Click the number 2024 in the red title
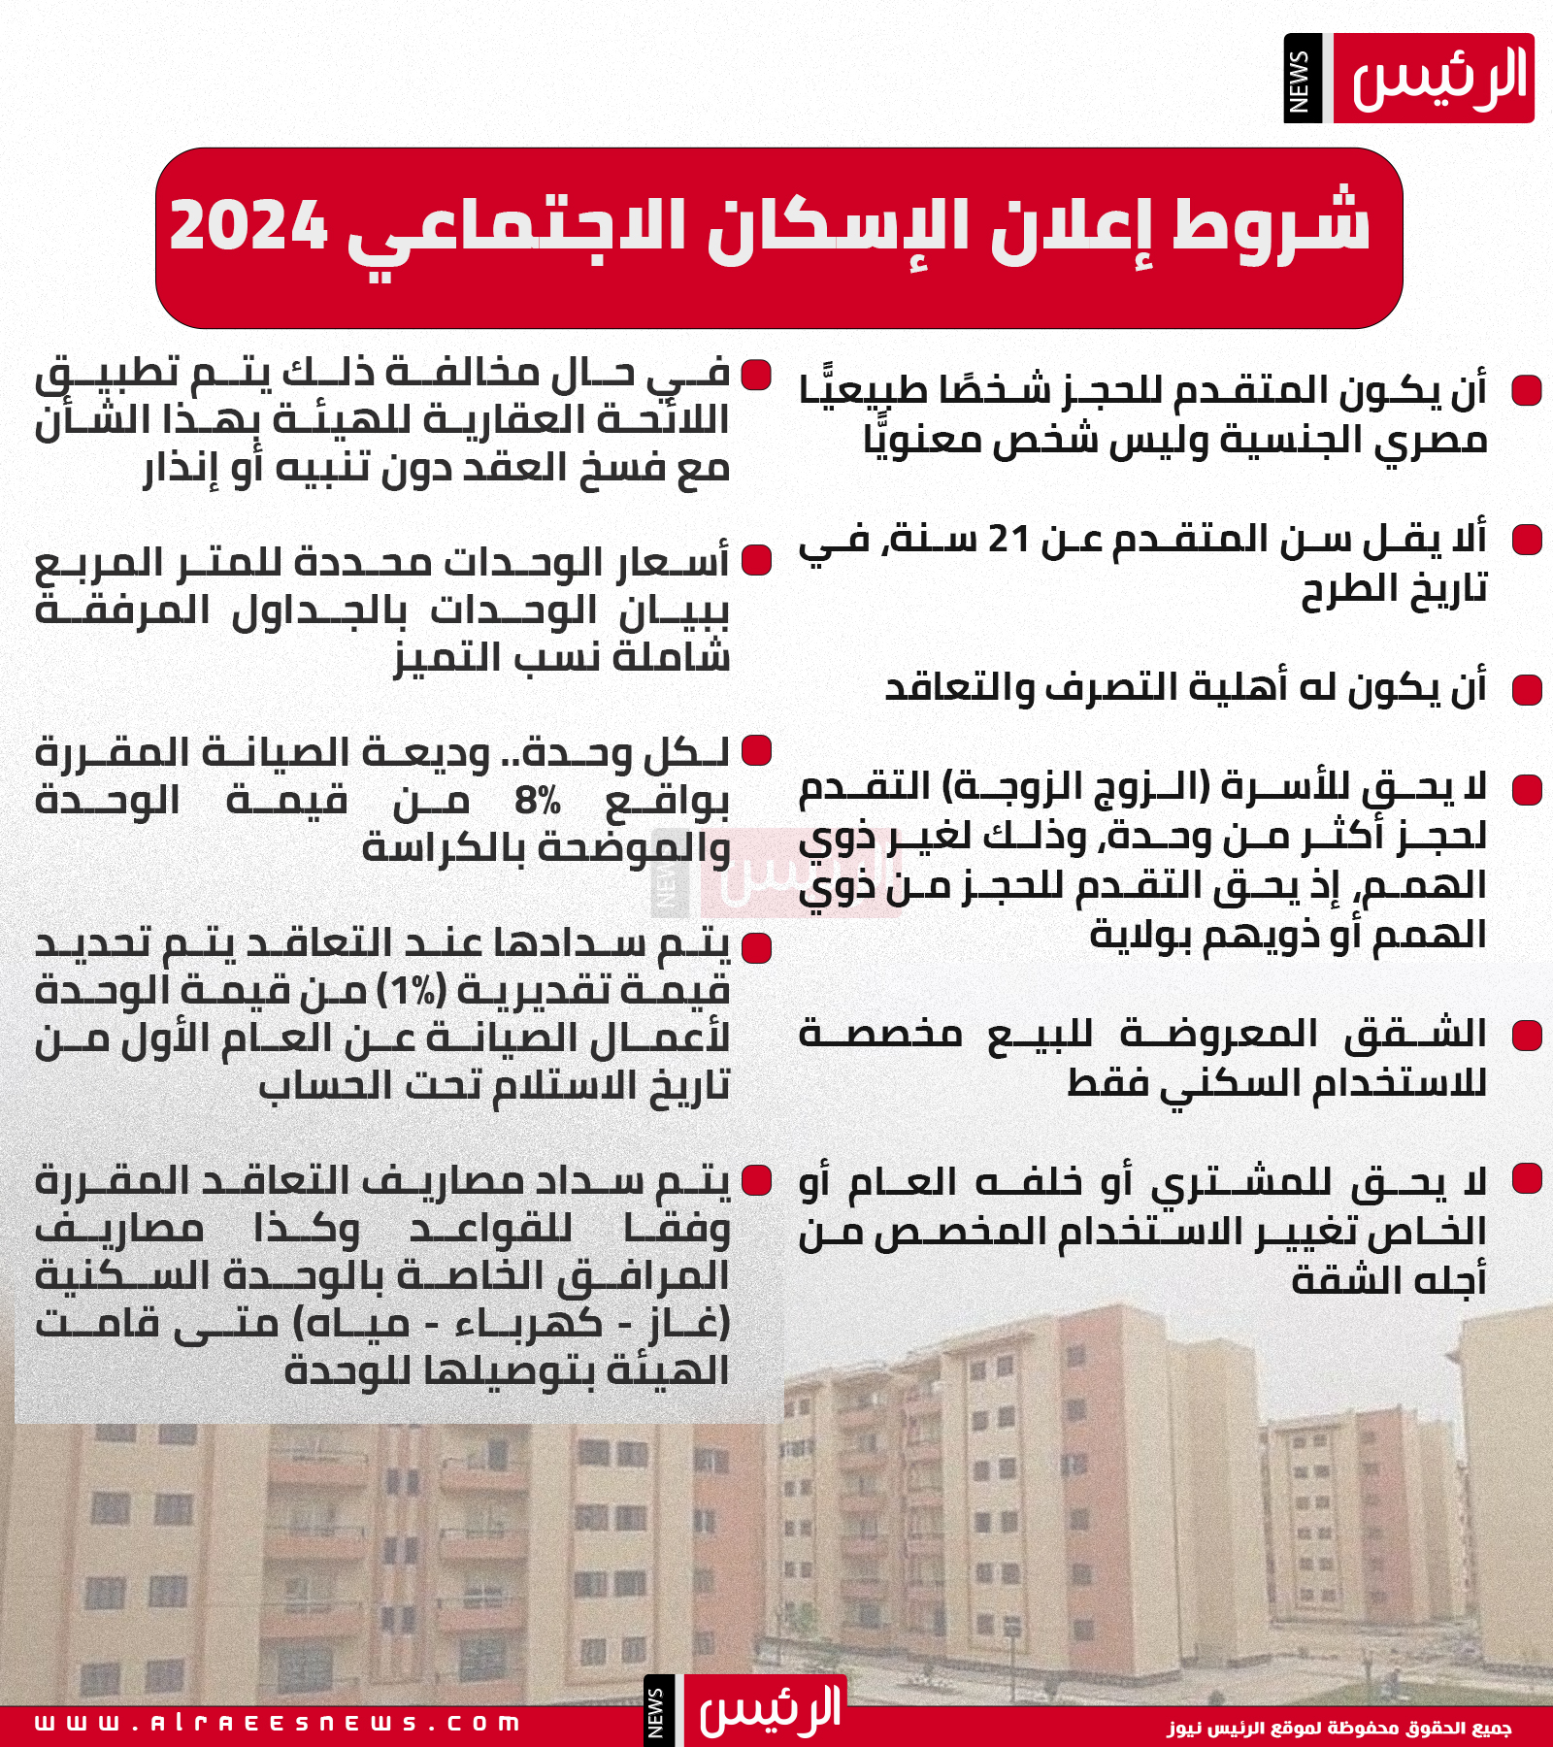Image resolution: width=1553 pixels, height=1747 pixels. point(248,226)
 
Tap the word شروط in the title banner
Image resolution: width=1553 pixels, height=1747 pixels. point(1272,226)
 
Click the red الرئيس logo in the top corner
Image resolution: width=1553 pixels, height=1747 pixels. point(1434,79)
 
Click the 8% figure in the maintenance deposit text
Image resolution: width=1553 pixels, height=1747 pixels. point(538,802)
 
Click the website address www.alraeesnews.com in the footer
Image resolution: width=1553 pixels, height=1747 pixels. point(278,1724)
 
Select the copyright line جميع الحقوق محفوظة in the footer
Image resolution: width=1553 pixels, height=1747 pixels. point(1339,1728)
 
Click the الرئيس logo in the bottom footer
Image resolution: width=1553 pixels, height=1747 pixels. point(767,1710)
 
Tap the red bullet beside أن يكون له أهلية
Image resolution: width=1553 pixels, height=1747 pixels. point(1527,690)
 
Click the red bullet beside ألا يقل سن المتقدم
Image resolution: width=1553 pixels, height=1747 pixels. point(1527,540)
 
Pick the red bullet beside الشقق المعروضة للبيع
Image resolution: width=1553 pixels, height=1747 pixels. point(1527,1036)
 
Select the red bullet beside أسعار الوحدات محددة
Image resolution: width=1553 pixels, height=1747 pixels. point(756,560)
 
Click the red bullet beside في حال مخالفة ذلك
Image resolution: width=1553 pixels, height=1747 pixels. point(756,375)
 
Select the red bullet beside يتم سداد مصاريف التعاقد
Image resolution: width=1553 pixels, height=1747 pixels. point(756,1180)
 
